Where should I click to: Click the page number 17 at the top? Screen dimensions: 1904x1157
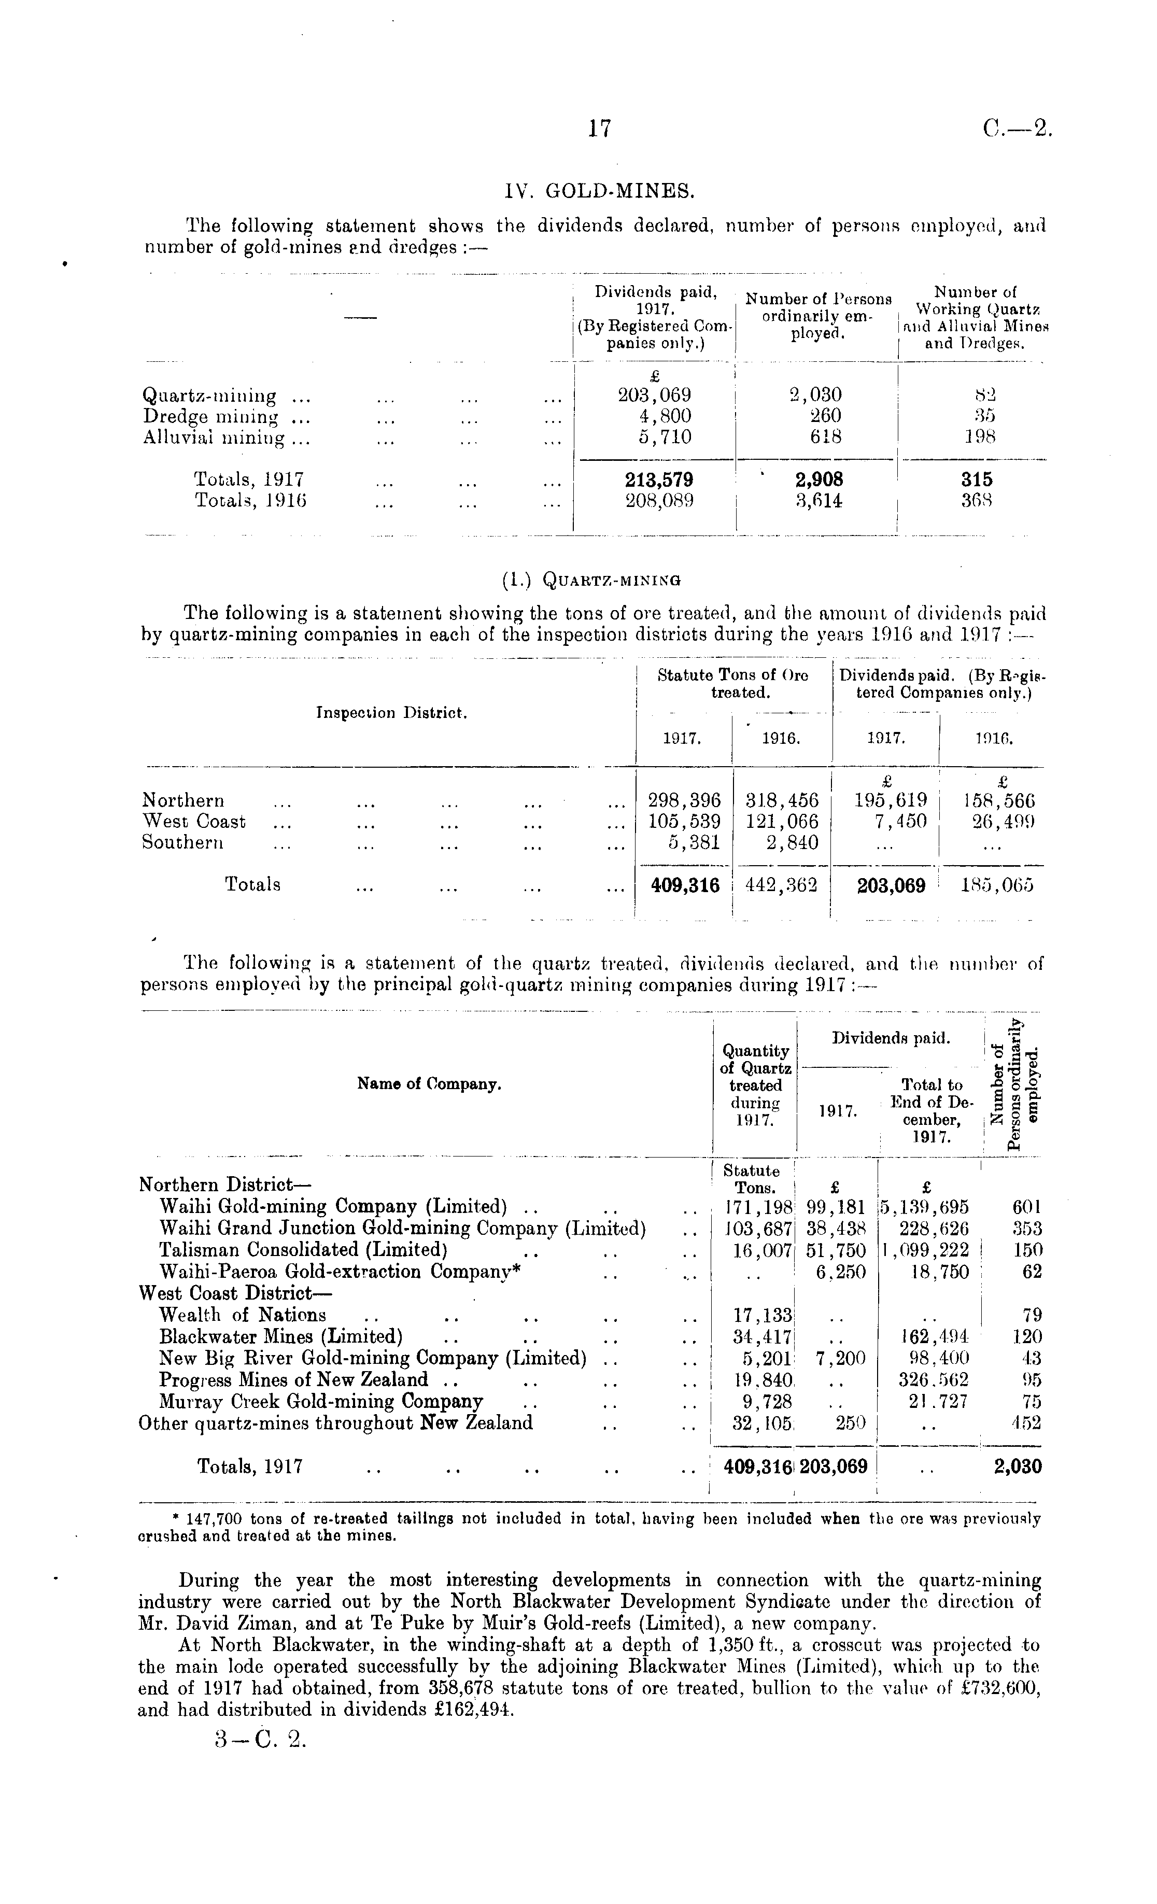coord(600,128)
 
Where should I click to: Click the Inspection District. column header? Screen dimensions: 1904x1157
coord(392,712)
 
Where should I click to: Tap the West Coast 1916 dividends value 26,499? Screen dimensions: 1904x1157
coord(1003,821)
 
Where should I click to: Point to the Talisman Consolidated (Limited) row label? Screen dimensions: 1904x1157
coord(303,1249)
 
